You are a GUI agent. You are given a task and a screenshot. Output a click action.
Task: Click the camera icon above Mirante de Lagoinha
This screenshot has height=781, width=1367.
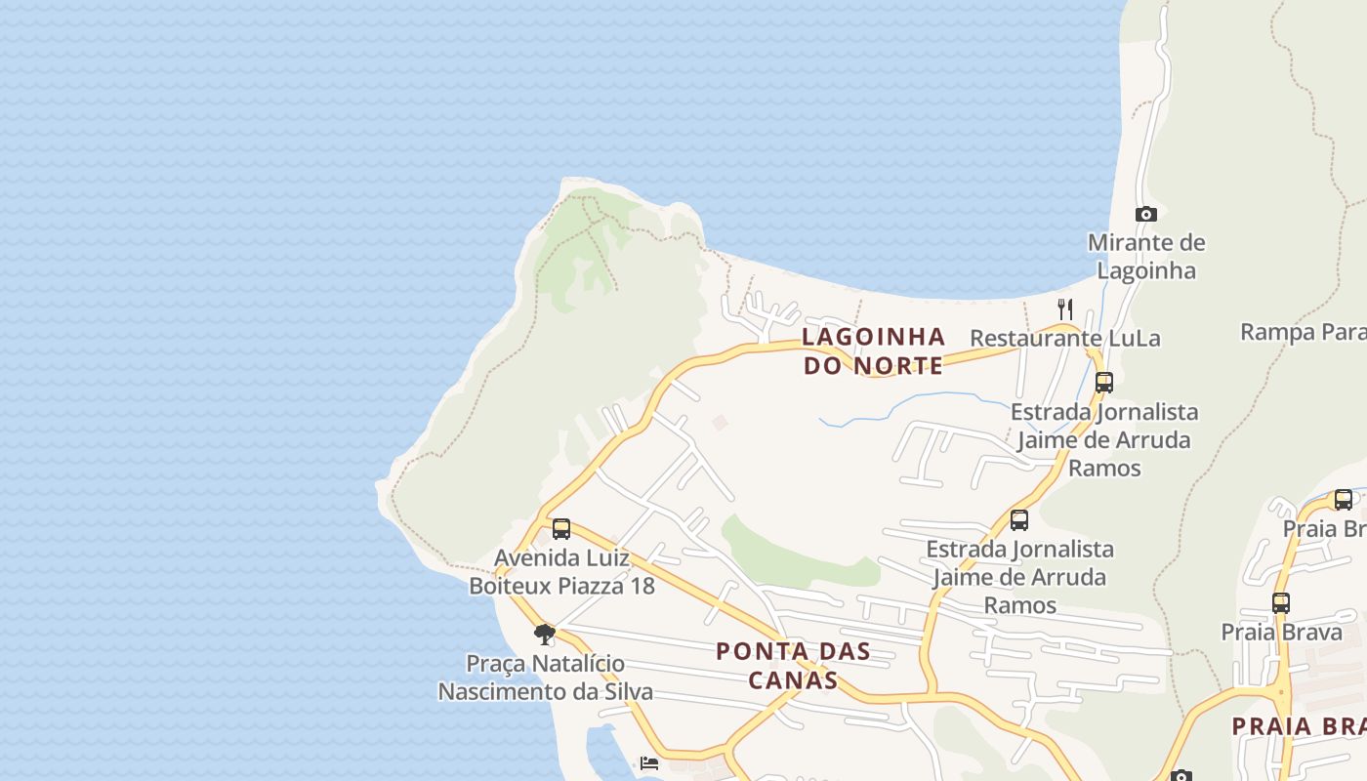(x=1146, y=214)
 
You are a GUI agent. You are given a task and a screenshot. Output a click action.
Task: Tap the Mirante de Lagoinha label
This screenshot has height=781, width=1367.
(x=1146, y=256)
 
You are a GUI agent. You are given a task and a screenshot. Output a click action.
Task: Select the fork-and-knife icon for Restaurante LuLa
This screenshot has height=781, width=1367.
(x=1065, y=309)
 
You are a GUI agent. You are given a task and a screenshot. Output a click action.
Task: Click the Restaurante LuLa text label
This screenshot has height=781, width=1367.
(x=1064, y=338)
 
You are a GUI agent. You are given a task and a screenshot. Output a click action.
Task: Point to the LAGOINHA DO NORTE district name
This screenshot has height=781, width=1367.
(x=873, y=350)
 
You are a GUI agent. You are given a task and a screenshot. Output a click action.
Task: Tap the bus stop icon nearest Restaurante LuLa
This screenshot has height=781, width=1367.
(x=1104, y=382)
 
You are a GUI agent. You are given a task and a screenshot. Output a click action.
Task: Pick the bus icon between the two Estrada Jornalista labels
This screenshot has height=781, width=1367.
(x=1019, y=519)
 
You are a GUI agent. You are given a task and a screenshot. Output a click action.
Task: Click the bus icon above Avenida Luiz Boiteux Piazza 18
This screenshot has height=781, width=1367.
(x=561, y=529)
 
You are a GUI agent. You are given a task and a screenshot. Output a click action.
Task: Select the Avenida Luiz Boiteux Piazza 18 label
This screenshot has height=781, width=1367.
(x=561, y=572)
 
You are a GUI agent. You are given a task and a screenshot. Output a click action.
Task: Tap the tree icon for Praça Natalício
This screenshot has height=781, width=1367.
(x=545, y=636)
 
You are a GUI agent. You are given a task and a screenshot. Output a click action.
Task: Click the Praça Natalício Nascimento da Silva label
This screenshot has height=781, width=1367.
(x=545, y=678)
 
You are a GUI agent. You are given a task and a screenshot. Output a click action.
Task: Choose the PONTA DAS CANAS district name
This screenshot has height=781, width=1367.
(x=793, y=665)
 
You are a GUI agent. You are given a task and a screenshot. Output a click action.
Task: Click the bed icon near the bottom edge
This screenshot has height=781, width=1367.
(x=649, y=763)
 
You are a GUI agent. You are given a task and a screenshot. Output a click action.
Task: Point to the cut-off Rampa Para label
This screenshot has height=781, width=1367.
(x=1303, y=332)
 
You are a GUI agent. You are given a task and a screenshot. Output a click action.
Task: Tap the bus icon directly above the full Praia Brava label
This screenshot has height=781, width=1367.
(x=1281, y=602)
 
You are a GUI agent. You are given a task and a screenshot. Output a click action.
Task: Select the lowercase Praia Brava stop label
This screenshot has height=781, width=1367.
(x=1281, y=632)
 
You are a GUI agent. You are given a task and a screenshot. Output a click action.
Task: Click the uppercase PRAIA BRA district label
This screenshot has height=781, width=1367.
(x=1298, y=725)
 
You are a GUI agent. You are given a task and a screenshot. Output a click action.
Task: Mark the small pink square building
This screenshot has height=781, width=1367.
(x=720, y=422)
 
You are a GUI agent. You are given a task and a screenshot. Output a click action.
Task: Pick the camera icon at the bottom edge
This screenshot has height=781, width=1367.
(x=1181, y=776)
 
